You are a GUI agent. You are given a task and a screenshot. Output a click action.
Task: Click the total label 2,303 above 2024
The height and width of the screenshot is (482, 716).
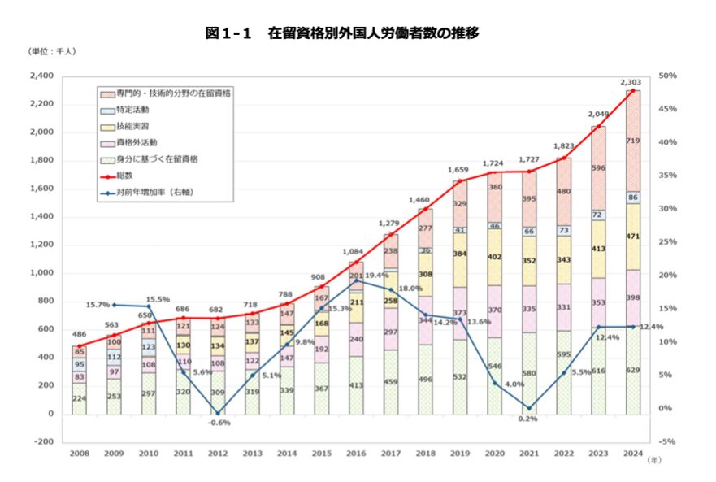click(631, 82)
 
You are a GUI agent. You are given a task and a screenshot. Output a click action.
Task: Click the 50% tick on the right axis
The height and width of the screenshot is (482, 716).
click(668, 76)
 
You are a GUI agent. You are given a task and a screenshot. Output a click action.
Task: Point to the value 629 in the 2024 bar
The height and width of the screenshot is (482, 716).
click(632, 371)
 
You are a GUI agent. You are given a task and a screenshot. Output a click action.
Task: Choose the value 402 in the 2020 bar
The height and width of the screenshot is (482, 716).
click(494, 257)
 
